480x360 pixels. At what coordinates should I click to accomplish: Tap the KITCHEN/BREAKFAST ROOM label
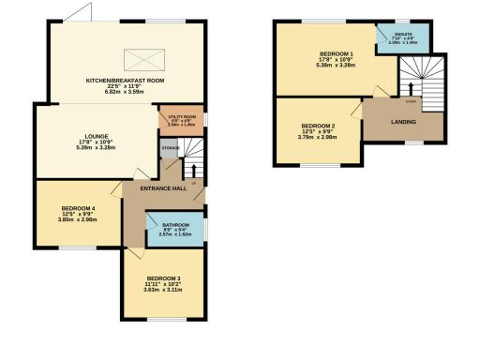coord(126,81)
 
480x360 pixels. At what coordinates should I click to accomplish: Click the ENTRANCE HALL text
coord(164,188)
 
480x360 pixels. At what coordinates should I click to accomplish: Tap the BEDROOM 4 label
coord(78,208)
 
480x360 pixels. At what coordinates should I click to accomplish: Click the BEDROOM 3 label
coord(163,278)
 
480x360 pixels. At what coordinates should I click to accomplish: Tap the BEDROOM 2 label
coord(318,126)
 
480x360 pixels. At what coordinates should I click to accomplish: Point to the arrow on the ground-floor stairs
coord(194,170)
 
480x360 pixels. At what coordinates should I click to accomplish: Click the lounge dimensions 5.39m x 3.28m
coord(84,148)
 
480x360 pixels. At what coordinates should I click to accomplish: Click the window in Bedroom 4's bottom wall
coord(78,247)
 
